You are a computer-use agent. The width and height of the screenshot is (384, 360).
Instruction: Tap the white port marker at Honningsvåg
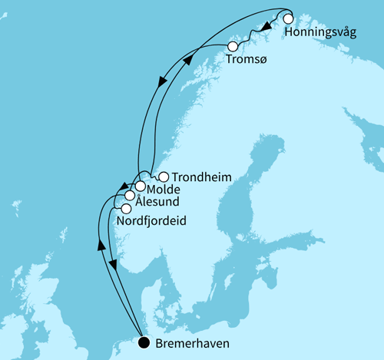[289, 19]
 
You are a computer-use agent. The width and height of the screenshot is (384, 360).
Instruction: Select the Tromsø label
[246, 60]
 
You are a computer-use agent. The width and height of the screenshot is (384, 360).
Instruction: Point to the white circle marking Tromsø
[232, 47]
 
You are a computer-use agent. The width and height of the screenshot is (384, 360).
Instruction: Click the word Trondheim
[201, 177]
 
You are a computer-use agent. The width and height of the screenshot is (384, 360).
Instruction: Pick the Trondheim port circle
[163, 177]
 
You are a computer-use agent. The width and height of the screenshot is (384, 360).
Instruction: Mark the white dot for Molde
[141, 186]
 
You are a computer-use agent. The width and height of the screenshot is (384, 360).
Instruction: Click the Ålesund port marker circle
[130, 197]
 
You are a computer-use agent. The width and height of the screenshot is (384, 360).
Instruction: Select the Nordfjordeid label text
[153, 221]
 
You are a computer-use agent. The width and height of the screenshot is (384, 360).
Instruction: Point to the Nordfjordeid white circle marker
[125, 209]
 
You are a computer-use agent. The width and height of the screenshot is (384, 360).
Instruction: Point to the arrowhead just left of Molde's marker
[123, 187]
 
